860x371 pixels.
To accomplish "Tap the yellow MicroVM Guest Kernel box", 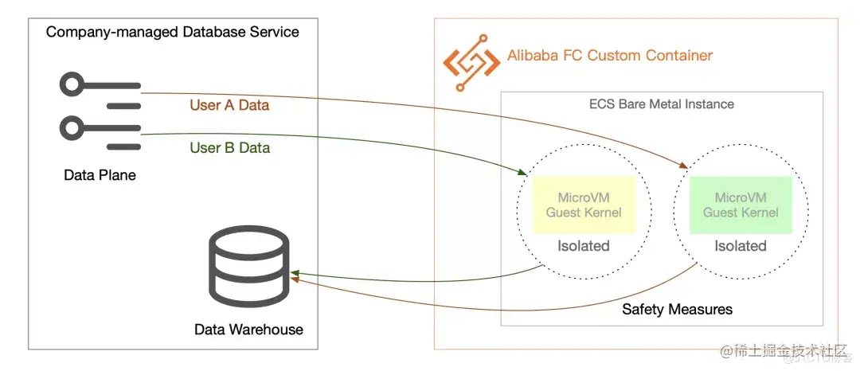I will click(x=584, y=205).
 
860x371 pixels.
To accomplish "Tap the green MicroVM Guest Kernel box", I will click(x=741, y=205).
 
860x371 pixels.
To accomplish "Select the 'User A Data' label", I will click(x=229, y=105).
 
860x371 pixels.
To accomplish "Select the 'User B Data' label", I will click(x=229, y=148).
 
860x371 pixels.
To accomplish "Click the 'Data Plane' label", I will click(x=100, y=175).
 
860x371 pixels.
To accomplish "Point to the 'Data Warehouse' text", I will click(x=248, y=330).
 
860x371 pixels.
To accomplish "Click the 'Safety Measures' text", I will click(x=677, y=309).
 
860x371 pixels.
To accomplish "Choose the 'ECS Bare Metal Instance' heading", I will click(x=662, y=104).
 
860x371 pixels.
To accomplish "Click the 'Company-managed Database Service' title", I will click(x=173, y=32).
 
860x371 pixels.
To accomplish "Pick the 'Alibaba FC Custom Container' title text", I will click(x=610, y=56).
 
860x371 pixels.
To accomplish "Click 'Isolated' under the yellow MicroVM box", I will click(x=584, y=246).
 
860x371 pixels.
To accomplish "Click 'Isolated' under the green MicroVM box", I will click(x=741, y=246).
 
